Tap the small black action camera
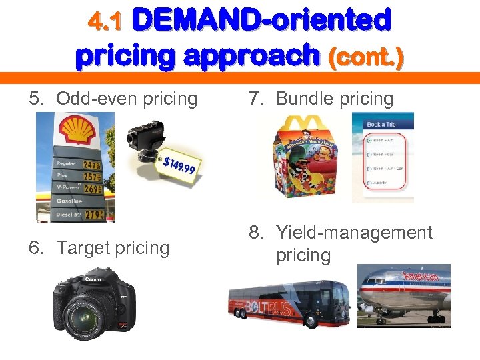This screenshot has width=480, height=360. (145, 141)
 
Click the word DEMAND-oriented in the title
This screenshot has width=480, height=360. (261, 21)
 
